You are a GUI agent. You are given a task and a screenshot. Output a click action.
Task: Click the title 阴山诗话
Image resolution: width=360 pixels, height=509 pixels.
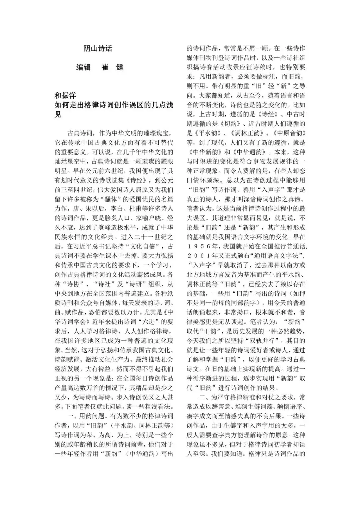tap(98, 48)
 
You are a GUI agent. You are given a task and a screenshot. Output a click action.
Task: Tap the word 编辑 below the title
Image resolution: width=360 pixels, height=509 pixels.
tap(84, 67)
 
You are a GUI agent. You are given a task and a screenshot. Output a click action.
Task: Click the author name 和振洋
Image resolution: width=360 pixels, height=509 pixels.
tap(65, 96)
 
